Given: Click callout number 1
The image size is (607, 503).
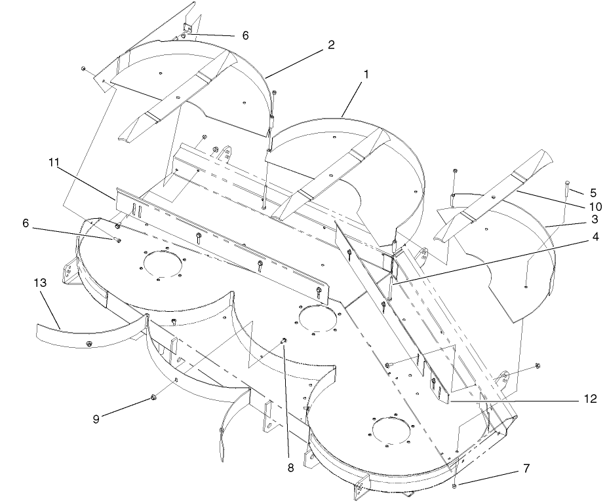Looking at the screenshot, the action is (366, 74).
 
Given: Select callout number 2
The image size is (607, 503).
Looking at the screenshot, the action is (330, 45).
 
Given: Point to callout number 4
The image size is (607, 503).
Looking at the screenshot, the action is (595, 236).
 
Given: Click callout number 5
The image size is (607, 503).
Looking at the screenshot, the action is (593, 193).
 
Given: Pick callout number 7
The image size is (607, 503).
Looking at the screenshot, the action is (526, 468).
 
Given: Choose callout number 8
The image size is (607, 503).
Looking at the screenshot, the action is (290, 468).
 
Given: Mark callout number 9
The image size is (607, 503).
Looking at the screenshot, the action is (96, 419).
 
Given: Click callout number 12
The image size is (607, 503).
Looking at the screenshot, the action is (590, 398).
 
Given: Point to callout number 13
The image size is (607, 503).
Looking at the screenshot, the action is (40, 283).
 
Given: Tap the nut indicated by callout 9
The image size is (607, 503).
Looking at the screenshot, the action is (153, 397).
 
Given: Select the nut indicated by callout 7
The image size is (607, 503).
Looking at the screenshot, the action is (455, 485).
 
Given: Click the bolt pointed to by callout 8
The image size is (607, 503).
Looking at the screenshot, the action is (284, 341).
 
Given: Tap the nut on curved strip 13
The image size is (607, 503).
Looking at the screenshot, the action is (89, 343).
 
